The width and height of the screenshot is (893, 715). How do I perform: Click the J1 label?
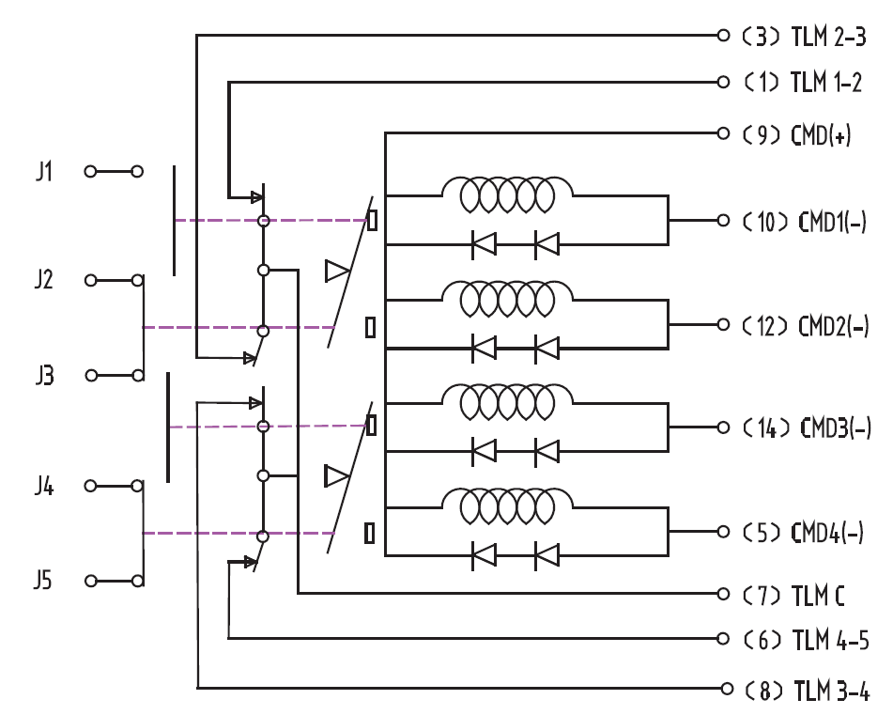[44, 171]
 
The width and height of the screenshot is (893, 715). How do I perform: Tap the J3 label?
[44, 376]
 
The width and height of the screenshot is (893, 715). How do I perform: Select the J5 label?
[43, 580]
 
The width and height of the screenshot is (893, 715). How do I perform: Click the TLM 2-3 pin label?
[828, 37]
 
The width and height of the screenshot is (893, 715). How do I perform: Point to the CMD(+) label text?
[821, 135]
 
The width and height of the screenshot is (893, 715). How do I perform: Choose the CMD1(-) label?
[833, 222]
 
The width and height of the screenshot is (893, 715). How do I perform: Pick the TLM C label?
[818, 596]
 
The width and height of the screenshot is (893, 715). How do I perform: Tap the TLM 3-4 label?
[831, 690]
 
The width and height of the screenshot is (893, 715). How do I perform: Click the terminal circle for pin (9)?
[723, 133]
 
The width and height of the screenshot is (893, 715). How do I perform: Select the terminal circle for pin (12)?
[723, 325]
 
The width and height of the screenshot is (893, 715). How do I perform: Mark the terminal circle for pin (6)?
[723, 638]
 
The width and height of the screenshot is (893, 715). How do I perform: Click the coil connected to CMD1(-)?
[507, 194]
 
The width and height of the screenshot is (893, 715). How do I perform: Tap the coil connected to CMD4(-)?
[507, 505]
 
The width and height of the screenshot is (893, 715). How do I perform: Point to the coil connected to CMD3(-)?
[507, 401]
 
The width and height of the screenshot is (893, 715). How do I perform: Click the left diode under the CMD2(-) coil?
[485, 348]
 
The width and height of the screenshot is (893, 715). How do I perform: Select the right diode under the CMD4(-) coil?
[547, 555]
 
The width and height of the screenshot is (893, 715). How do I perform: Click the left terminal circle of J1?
[90, 172]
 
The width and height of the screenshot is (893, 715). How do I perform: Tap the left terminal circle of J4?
[90, 486]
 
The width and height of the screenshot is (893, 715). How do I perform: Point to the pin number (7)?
[762, 596]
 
